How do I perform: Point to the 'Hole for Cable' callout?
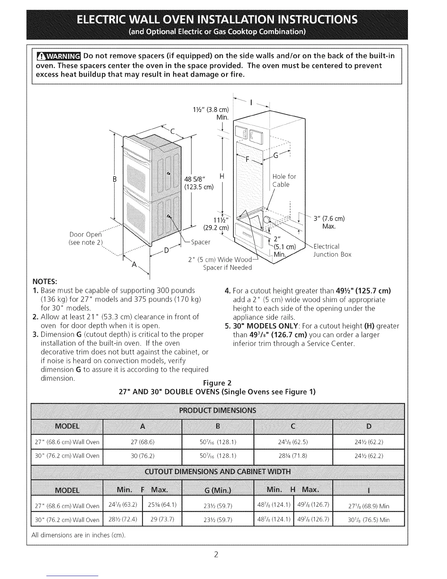pos(284,181)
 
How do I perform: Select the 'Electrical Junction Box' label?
pos(332,250)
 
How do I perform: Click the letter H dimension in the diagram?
pos(221,177)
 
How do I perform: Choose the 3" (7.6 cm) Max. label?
pos(329,223)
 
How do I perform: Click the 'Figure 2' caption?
pos(217,383)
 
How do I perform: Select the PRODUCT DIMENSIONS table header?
pos(218,410)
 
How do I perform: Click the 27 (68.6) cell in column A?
pos(142,442)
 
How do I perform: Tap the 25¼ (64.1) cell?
pos(162,505)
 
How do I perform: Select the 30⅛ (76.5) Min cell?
pos(368,520)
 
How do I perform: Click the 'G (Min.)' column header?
pos(217,490)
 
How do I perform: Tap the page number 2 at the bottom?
pos(216,555)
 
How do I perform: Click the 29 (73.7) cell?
pos(162,519)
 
